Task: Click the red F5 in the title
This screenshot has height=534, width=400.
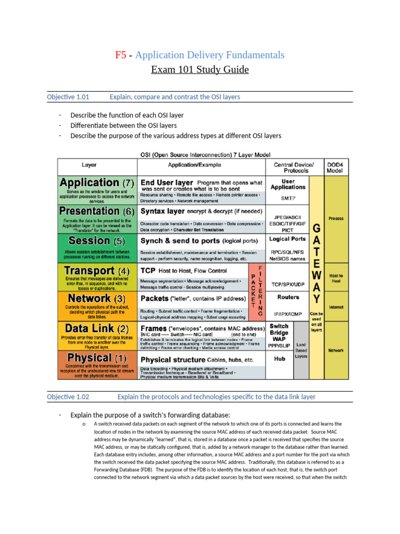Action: (x=120, y=55)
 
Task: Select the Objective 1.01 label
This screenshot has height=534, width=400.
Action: (x=68, y=97)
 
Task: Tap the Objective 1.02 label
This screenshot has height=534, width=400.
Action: (x=68, y=397)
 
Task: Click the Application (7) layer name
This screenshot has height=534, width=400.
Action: (x=97, y=183)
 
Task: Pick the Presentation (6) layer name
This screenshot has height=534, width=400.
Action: (x=97, y=211)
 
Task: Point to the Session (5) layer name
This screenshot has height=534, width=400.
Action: (x=97, y=241)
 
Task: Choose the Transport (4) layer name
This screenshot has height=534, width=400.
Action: (x=97, y=271)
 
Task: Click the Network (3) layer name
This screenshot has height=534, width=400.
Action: (x=97, y=299)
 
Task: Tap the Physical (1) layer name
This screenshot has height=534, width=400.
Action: (x=97, y=358)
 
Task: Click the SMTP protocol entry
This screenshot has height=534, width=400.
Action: (x=288, y=198)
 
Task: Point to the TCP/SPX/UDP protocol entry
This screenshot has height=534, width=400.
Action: (x=288, y=285)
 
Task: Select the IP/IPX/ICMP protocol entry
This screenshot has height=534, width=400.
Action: (x=288, y=314)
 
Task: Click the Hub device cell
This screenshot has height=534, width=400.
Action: (x=279, y=359)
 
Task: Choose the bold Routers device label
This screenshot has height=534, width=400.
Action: (x=288, y=297)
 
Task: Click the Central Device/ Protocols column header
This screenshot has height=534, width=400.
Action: (x=288, y=167)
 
